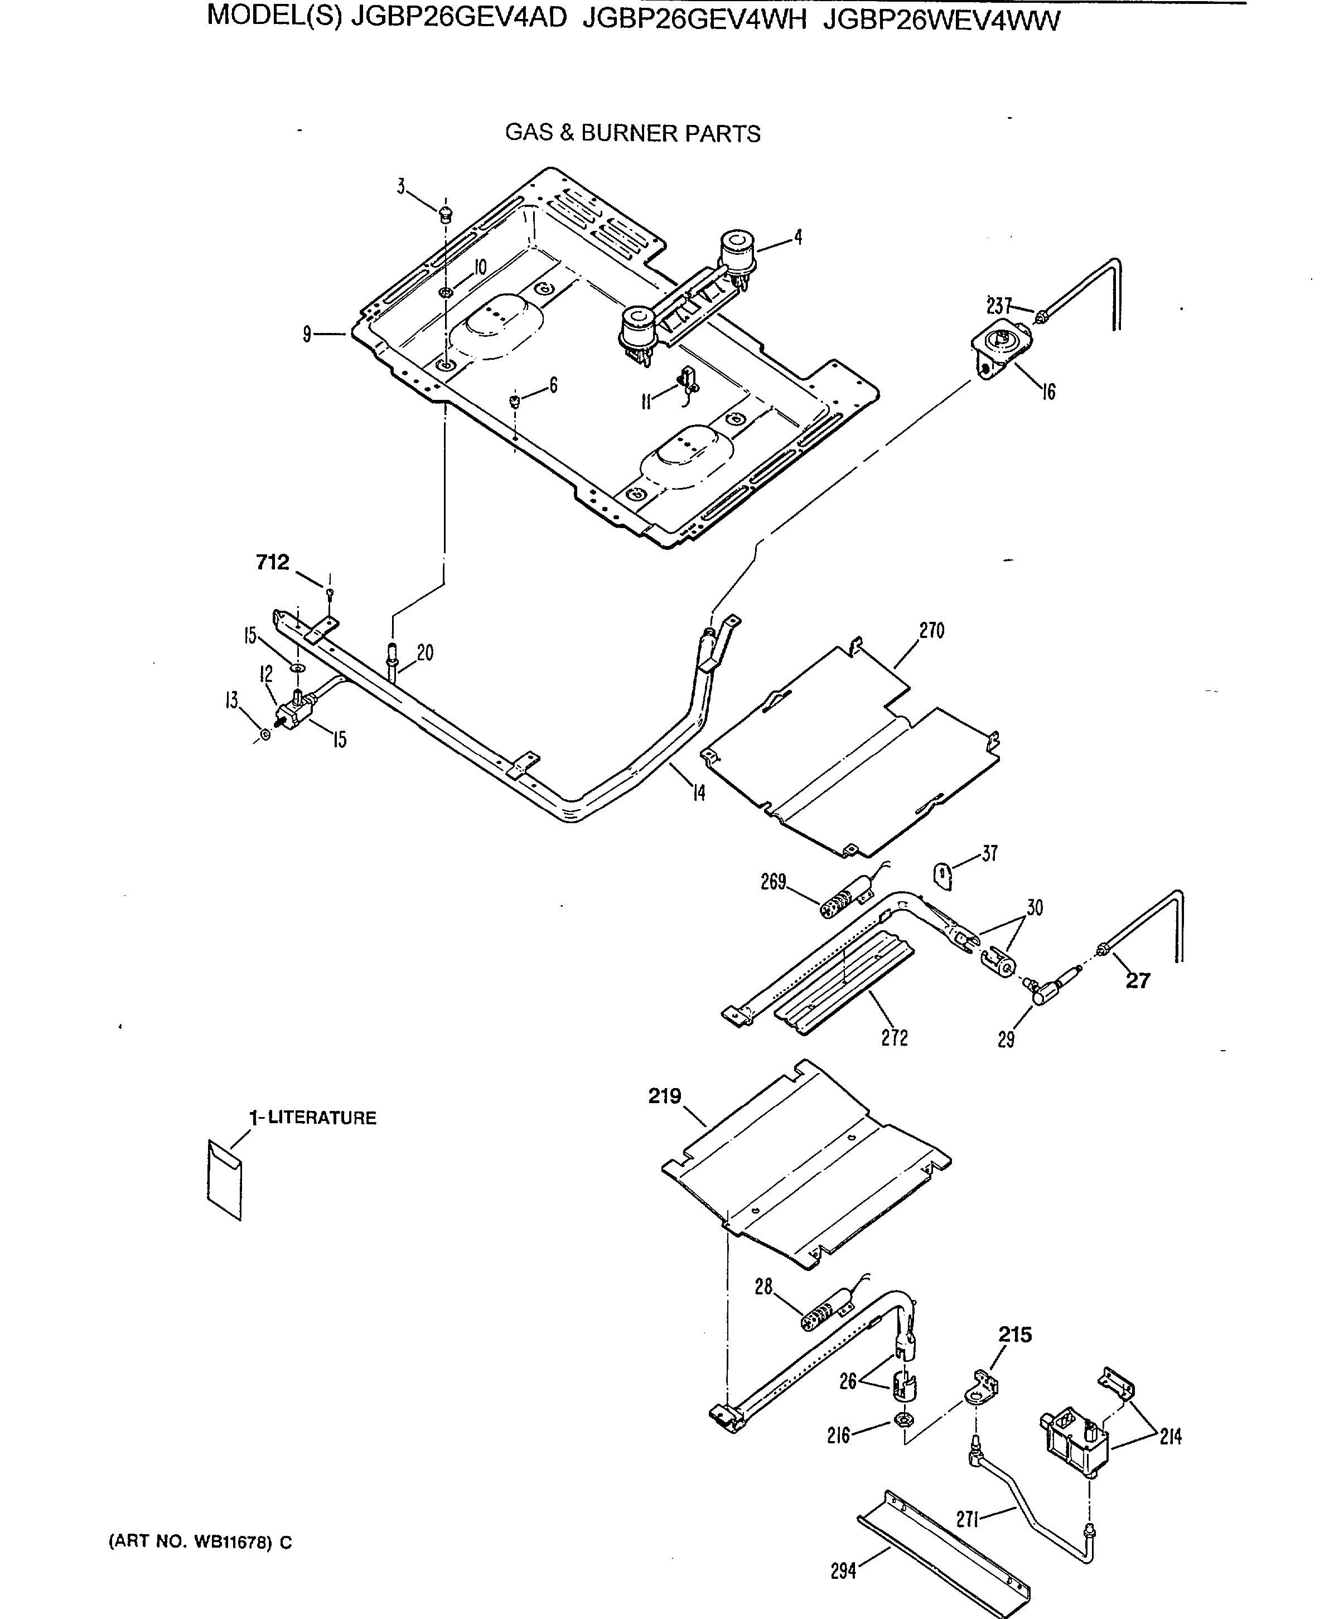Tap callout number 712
coord(272,563)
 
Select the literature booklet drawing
coord(224,1180)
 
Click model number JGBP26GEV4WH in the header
coord(694,19)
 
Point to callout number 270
coord(931,631)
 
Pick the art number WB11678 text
coord(199,1541)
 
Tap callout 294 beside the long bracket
coord(843,1572)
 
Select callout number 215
coord(1014,1335)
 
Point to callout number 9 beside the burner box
coord(307,334)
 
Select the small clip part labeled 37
coord(943,874)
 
